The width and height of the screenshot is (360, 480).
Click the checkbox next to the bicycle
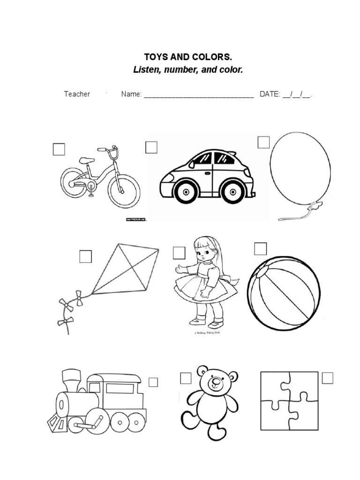(59, 149)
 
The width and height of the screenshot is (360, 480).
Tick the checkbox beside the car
(151, 148)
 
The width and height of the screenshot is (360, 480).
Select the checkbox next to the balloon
(263, 142)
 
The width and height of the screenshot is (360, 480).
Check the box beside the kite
(85, 256)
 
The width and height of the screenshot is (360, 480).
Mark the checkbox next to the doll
(179, 253)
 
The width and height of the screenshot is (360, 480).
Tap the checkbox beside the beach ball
(260, 248)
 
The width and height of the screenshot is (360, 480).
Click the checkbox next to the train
(153, 382)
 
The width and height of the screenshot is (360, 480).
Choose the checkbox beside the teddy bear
(186, 378)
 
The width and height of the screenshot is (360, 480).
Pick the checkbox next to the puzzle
(327, 377)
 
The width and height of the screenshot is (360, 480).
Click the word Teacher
(77, 94)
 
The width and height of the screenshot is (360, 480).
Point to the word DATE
(270, 94)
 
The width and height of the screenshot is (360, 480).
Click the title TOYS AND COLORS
(187, 57)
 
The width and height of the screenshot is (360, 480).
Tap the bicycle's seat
(86, 160)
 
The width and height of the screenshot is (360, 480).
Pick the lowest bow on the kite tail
(65, 321)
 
